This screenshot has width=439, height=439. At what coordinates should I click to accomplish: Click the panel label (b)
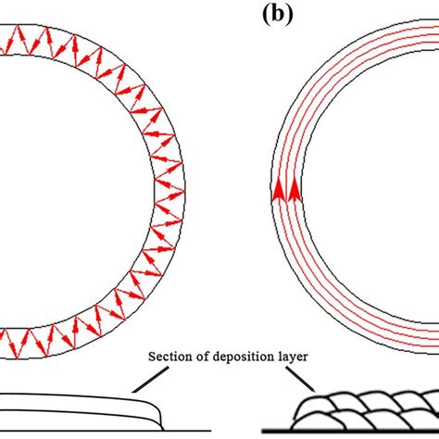(278, 16)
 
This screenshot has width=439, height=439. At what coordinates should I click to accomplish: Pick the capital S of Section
(152, 357)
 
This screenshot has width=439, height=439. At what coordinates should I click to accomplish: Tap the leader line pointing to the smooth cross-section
(150, 380)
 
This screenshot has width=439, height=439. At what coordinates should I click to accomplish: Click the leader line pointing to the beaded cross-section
(300, 380)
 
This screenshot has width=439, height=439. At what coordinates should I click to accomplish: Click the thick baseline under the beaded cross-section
(350, 431)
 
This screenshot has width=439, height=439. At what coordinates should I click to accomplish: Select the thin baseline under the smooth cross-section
(106, 431)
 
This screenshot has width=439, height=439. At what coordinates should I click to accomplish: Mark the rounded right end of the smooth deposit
(160, 414)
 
